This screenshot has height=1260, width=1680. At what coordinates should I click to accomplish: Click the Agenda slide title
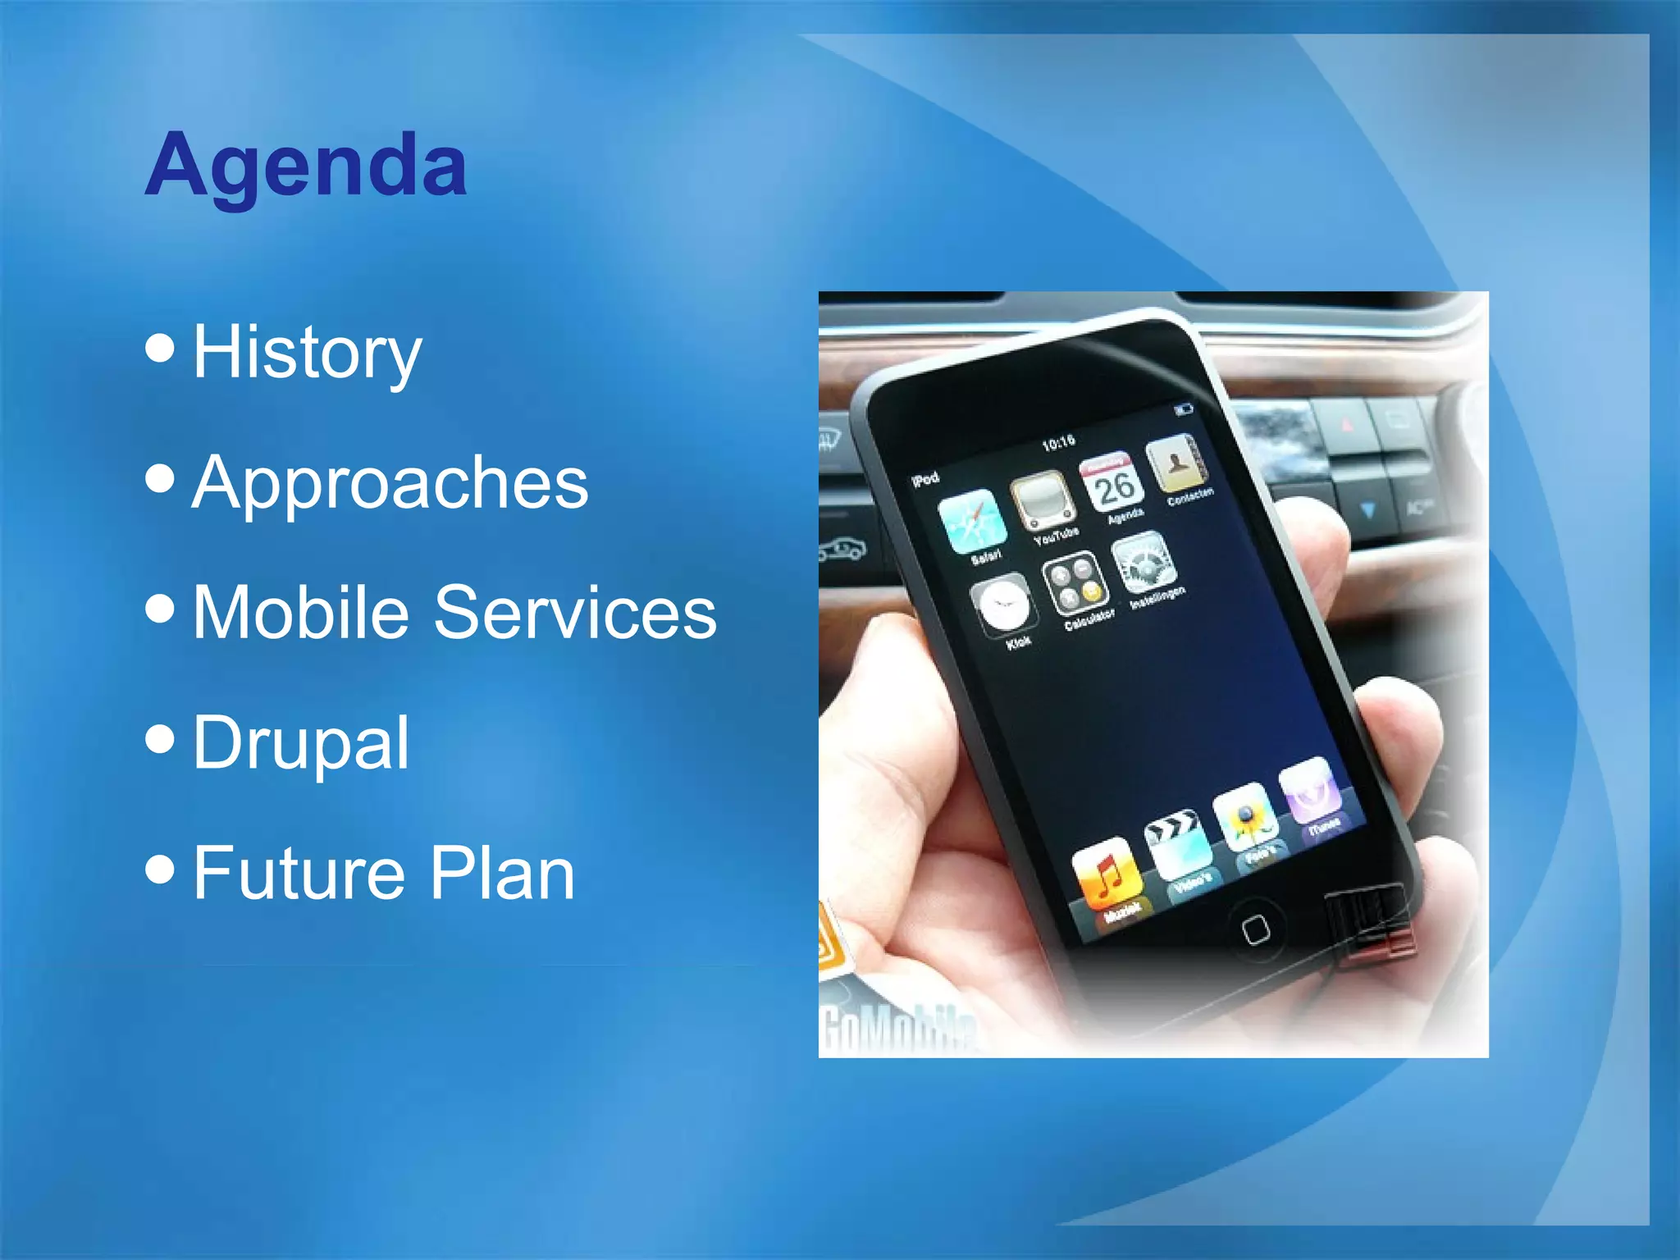pyautogui.click(x=305, y=167)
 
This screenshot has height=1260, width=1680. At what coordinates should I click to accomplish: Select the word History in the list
pyautogui.click(x=307, y=353)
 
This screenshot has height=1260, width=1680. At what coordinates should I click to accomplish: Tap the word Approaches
pyautogui.click(x=390, y=483)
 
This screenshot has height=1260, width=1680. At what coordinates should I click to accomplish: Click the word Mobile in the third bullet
pyautogui.click(x=300, y=612)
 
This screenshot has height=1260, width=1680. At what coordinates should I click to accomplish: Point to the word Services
pyautogui.click(x=575, y=612)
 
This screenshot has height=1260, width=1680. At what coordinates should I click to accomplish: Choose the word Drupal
pyautogui.click(x=300, y=742)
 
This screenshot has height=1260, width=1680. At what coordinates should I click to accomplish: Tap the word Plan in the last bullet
pyautogui.click(x=502, y=873)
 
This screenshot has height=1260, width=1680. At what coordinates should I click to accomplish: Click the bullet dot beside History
pyautogui.click(x=160, y=347)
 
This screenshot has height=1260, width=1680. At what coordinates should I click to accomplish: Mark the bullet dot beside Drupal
pyautogui.click(x=160, y=737)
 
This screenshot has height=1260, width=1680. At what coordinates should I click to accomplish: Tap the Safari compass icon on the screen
pyautogui.click(x=972, y=522)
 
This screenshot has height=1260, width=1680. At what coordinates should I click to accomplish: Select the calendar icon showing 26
pyautogui.click(x=1112, y=483)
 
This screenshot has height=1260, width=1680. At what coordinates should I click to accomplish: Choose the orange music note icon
pyautogui.click(x=1105, y=874)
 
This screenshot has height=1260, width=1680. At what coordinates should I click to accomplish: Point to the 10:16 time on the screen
pyautogui.click(x=1058, y=443)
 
